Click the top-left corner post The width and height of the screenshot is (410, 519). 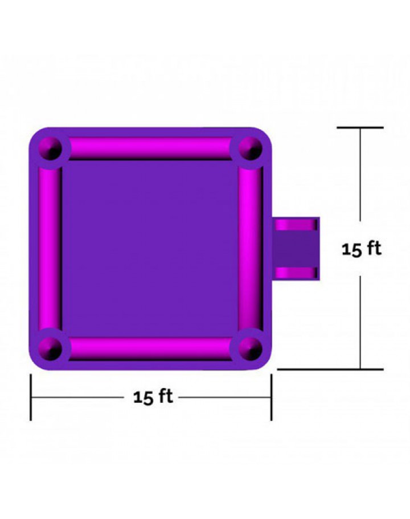[x=50, y=149]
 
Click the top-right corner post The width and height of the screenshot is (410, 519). [x=251, y=149]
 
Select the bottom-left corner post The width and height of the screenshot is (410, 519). [x=50, y=348]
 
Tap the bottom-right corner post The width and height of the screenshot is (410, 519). [x=251, y=348]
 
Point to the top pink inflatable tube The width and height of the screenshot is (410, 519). [x=150, y=148]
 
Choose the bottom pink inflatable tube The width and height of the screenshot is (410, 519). [x=150, y=348]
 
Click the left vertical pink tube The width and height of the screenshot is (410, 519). [x=50, y=249]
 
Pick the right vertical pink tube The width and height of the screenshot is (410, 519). [x=251, y=249]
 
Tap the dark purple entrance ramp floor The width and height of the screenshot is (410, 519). [x=295, y=249]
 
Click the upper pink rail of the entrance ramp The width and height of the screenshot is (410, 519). [x=296, y=224]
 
